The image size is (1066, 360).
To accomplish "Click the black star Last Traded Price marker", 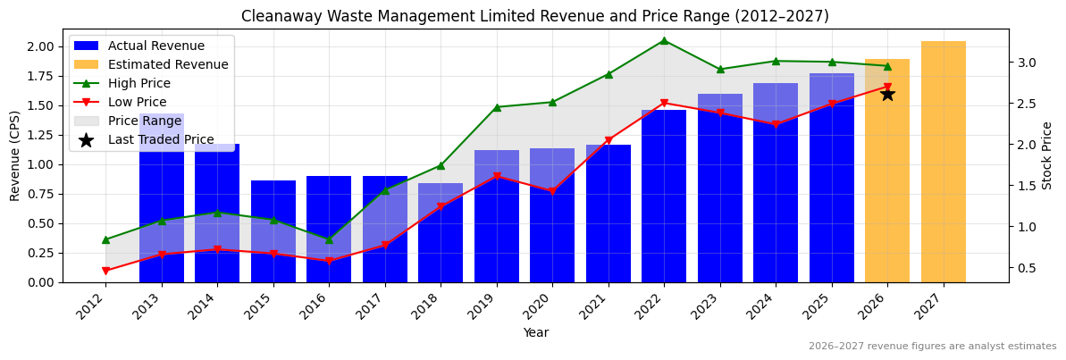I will [x=887, y=94].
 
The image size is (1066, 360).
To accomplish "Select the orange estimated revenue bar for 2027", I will [x=943, y=162].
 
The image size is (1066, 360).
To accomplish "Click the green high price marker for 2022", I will [x=664, y=40].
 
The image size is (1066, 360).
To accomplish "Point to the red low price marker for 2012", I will [x=105, y=271].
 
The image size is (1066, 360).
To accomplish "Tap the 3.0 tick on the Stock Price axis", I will [x=1026, y=63].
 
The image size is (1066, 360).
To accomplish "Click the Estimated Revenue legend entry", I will [x=168, y=64].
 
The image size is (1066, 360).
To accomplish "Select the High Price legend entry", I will [x=138, y=83].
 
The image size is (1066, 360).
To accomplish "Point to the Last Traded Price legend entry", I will [x=161, y=139].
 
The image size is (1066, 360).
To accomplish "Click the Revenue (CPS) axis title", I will [x=15, y=155].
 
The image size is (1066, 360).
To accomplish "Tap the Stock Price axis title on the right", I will [x=1047, y=155].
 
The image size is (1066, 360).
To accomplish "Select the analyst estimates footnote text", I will [x=932, y=347].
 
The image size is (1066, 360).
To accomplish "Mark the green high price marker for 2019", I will [x=497, y=107].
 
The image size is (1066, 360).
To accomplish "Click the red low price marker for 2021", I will [x=609, y=140].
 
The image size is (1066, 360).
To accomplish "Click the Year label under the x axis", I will [x=536, y=332].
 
